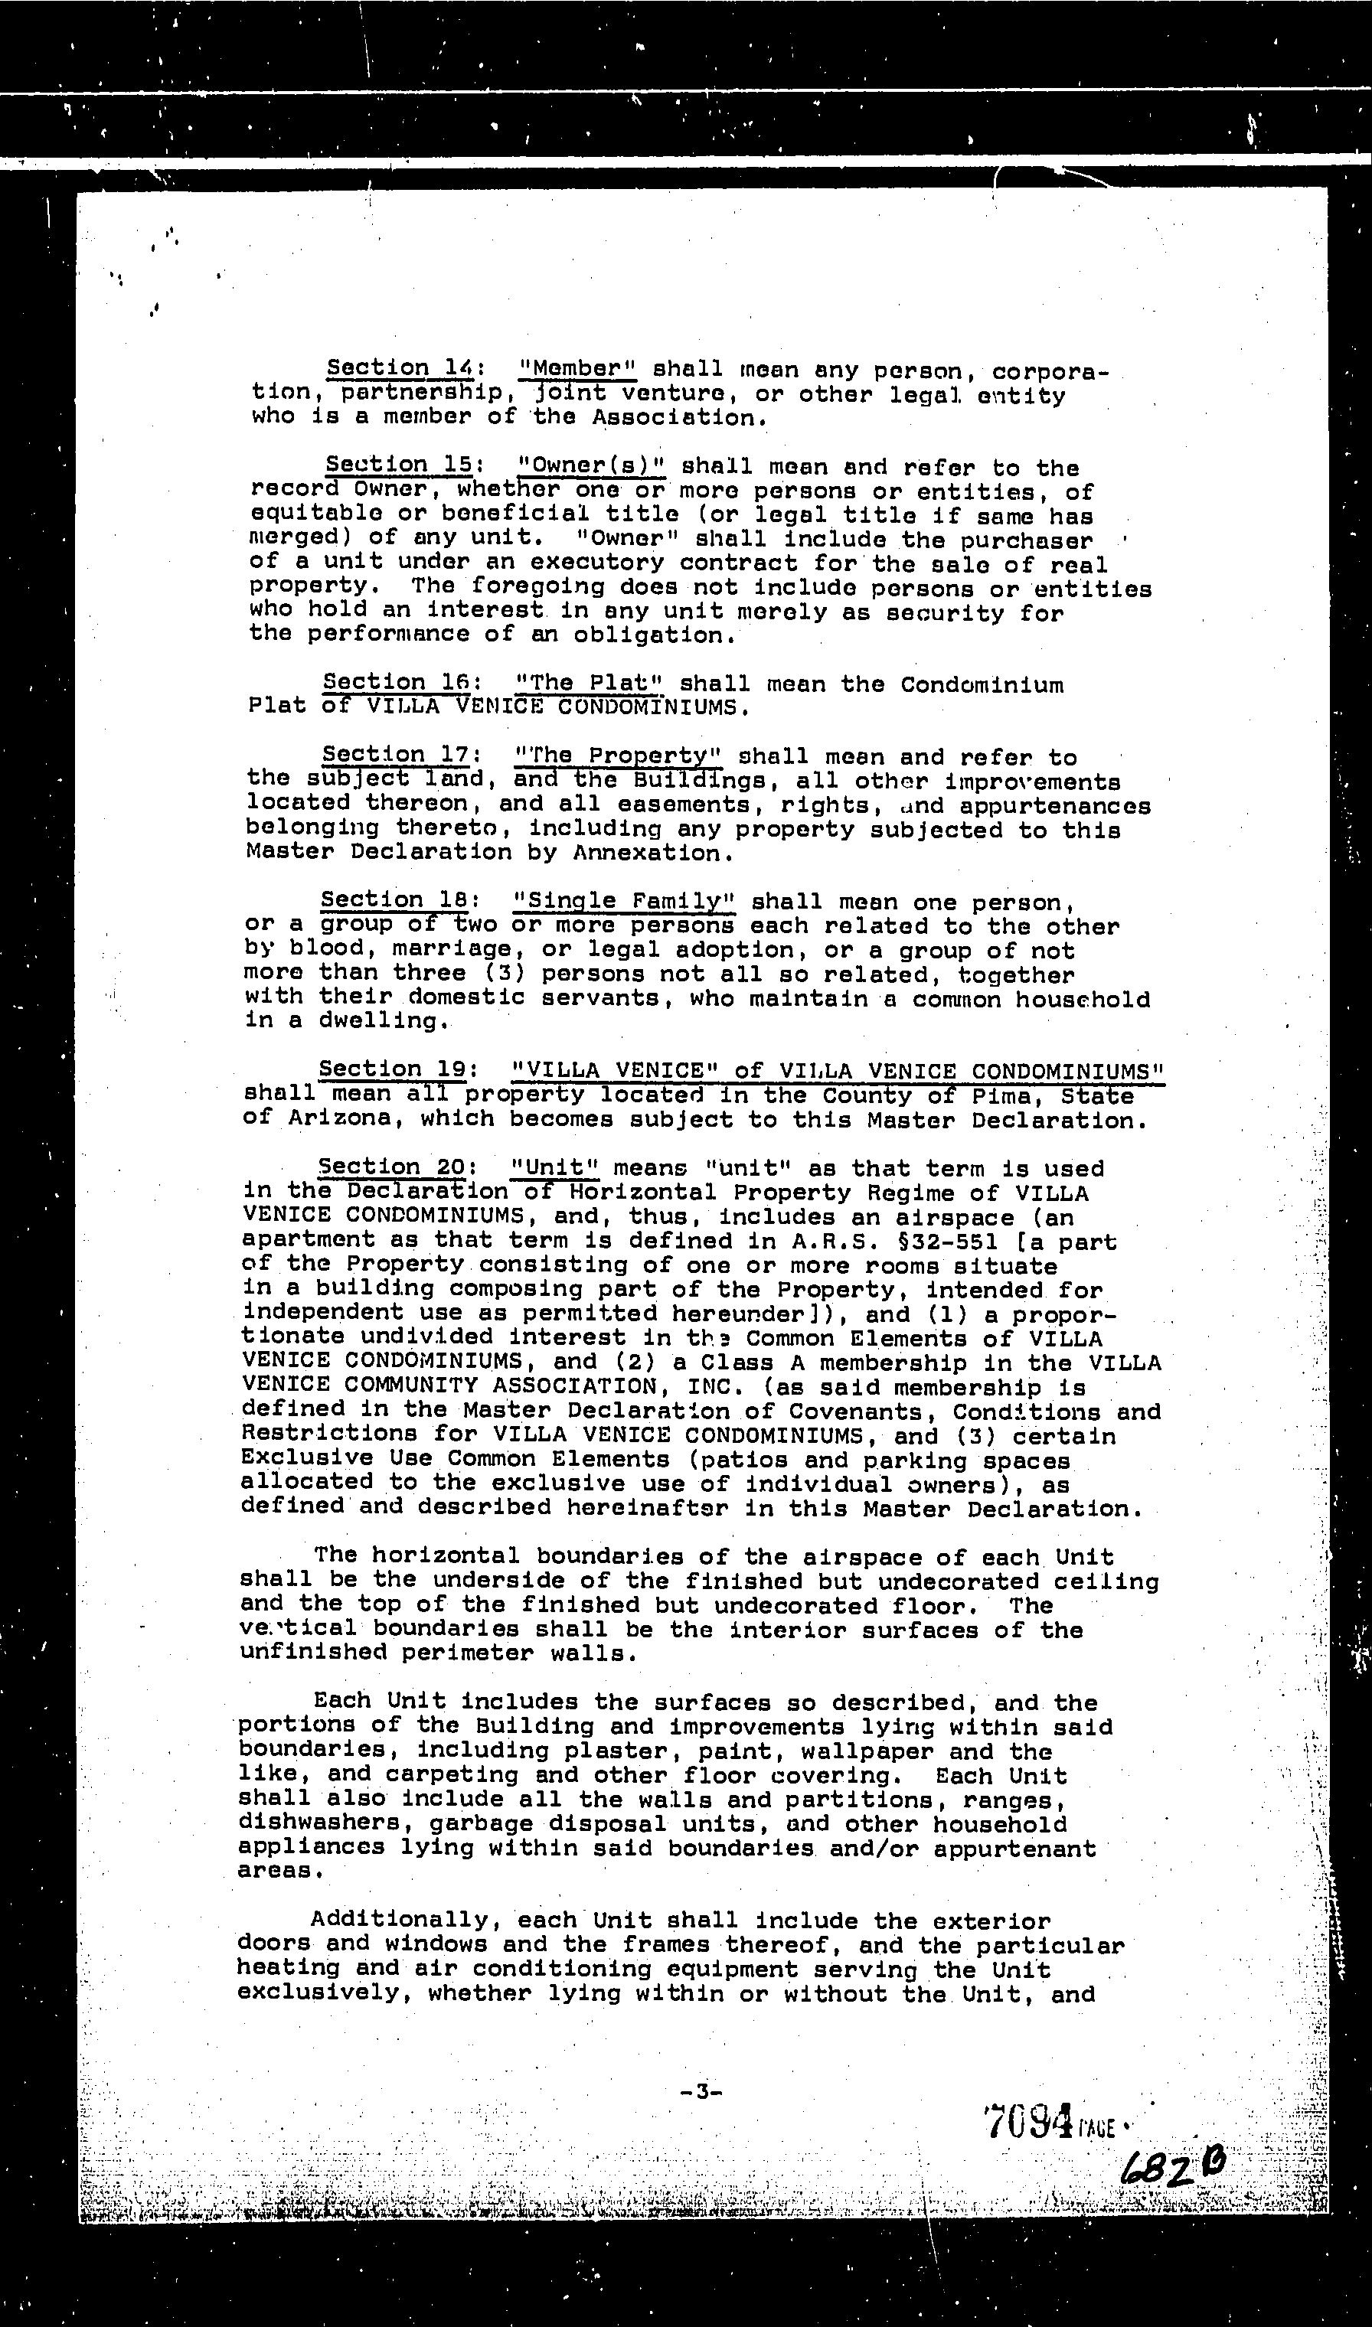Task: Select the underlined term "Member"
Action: point(578,369)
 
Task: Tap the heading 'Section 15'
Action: point(398,464)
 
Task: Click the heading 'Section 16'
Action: point(397,682)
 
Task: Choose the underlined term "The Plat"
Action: point(588,683)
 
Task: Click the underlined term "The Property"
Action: point(618,756)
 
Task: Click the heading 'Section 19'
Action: point(394,1069)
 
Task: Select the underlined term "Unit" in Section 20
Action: point(554,1168)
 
